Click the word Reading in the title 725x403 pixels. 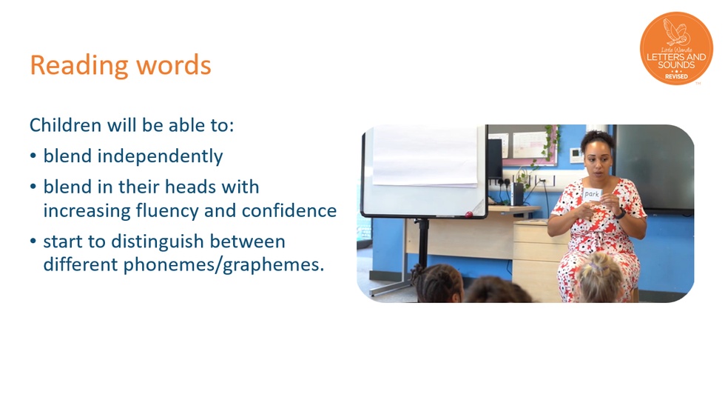[x=78, y=66]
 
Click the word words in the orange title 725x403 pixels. [x=174, y=65]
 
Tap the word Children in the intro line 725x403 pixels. [x=65, y=125]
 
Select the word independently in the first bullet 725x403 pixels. [x=160, y=156]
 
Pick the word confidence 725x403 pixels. [x=289, y=210]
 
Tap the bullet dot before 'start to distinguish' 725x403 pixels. [x=33, y=242]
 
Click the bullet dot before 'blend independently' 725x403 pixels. [x=33, y=156]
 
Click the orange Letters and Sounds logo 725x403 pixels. [x=676, y=48]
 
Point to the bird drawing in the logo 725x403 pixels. [x=675, y=32]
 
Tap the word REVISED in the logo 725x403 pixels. [x=676, y=76]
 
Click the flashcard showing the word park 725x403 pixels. [x=592, y=194]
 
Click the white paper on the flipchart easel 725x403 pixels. [x=425, y=156]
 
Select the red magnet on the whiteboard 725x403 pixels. [x=469, y=215]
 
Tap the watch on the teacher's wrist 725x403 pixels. [x=621, y=213]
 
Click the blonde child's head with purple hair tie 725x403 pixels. [x=600, y=277]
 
